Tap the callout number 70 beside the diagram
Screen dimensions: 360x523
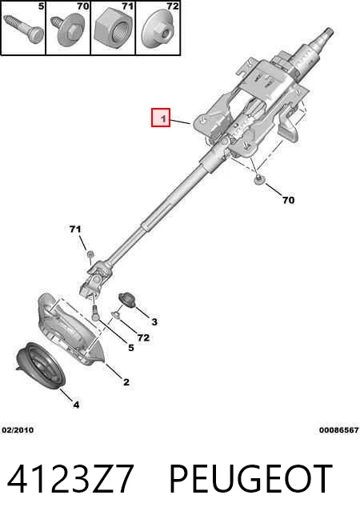click(x=288, y=200)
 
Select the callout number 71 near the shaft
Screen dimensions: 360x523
click(x=75, y=230)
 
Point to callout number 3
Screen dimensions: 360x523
click(x=154, y=321)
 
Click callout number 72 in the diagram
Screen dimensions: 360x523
click(x=143, y=337)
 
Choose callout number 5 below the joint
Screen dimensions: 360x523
click(x=130, y=348)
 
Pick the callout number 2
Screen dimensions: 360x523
click(x=126, y=382)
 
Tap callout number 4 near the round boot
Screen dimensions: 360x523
click(x=77, y=405)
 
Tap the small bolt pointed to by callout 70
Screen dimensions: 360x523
click(x=258, y=179)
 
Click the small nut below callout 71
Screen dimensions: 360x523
click(x=89, y=254)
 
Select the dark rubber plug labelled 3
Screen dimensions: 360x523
click(x=126, y=299)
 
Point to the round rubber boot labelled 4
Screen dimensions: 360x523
click(x=40, y=365)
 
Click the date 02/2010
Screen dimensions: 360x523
click(x=18, y=430)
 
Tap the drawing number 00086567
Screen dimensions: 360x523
click(x=338, y=430)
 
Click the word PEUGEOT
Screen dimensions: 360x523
click(x=251, y=479)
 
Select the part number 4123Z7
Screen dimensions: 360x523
click(x=70, y=479)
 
